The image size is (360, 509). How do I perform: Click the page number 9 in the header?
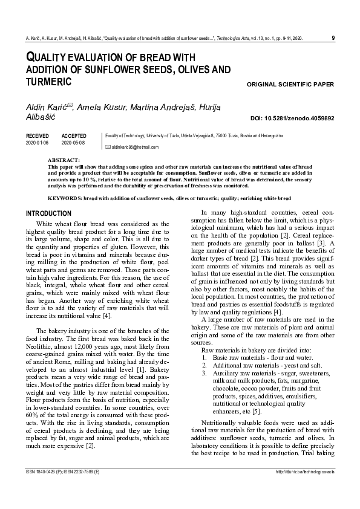334,39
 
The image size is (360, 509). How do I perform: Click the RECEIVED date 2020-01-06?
39,143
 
